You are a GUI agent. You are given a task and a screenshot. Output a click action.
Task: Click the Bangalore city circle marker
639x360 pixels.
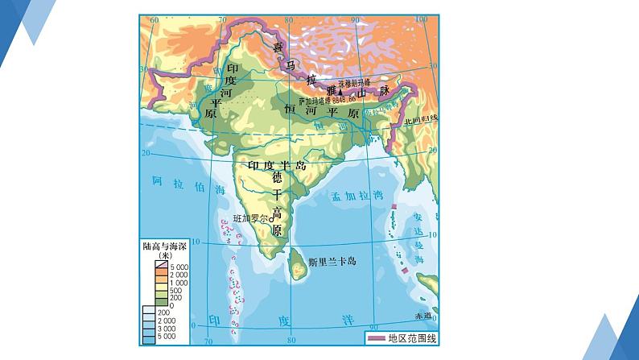tap(271, 219)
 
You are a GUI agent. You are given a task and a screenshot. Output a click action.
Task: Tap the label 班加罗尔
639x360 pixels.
tap(250, 219)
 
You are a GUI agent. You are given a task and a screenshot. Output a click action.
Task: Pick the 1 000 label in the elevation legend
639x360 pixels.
tap(177, 283)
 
